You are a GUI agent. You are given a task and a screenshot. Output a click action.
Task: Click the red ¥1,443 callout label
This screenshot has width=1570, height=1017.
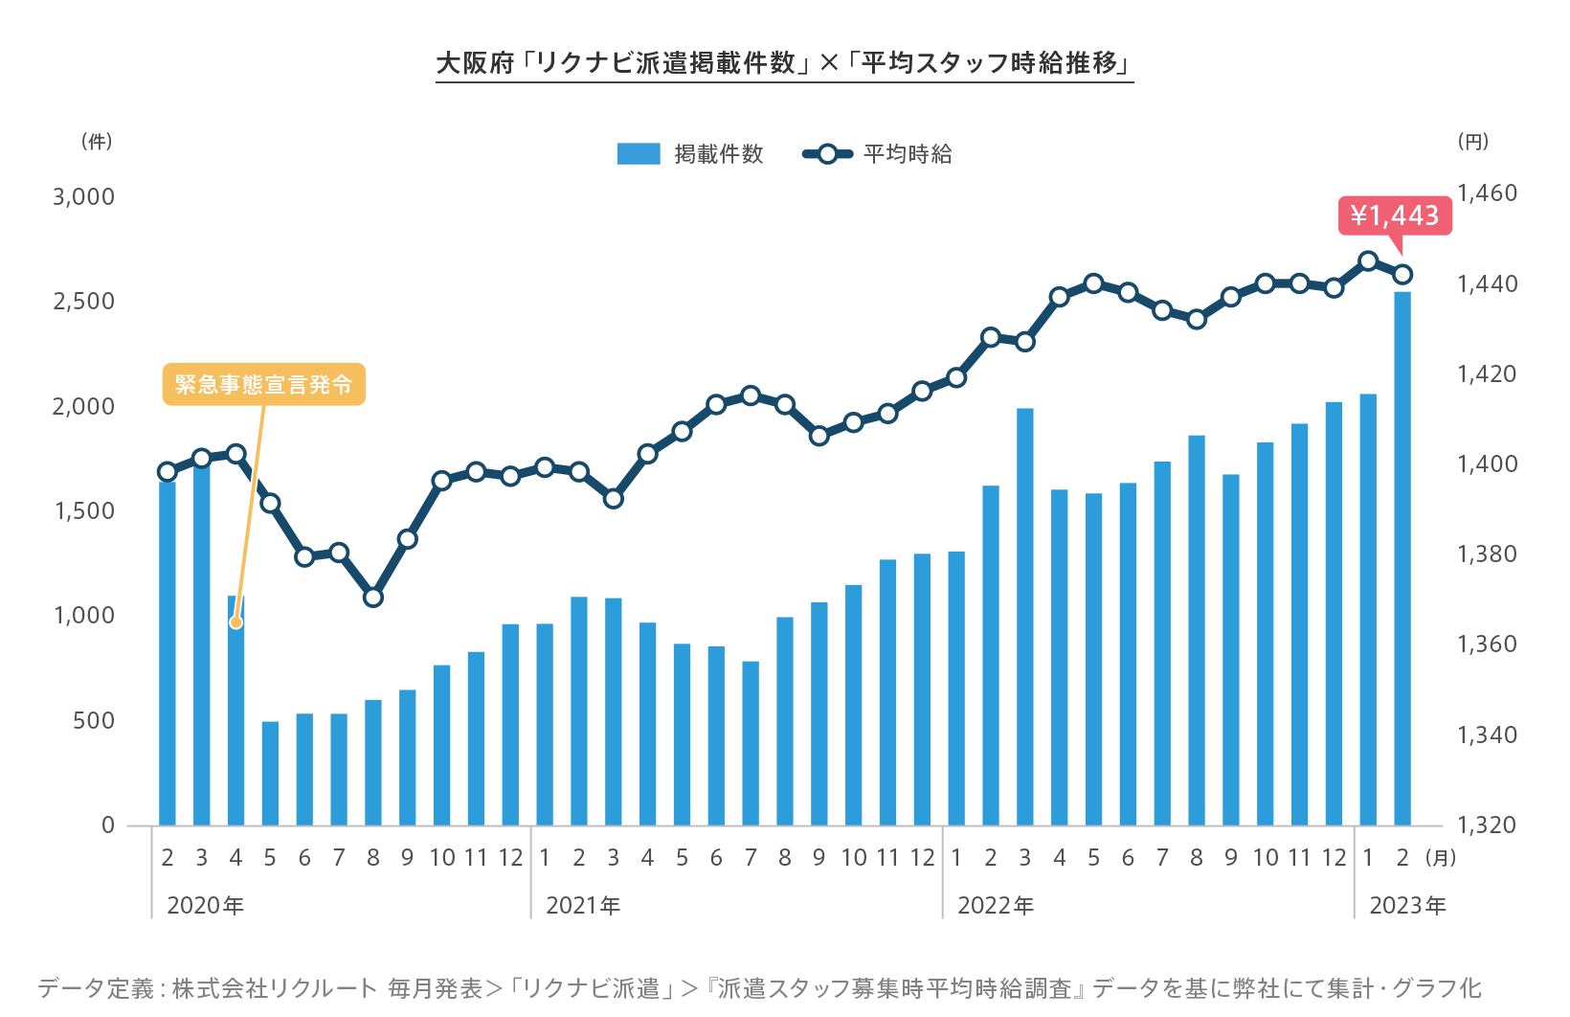[1394, 215]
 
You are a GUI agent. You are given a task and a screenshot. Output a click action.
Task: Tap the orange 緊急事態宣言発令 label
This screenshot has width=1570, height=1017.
[263, 384]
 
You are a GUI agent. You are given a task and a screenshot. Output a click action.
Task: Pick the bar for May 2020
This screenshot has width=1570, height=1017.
[270, 773]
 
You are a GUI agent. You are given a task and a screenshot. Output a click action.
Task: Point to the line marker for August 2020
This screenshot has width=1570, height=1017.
[373, 598]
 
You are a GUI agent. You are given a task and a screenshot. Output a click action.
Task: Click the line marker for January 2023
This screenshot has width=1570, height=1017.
[1368, 261]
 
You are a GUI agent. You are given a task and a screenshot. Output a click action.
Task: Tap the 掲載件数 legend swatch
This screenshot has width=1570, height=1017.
[639, 154]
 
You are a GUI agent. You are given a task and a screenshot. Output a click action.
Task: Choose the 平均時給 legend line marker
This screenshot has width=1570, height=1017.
[828, 154]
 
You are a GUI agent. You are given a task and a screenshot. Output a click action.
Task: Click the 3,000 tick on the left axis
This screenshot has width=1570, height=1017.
[84, 197]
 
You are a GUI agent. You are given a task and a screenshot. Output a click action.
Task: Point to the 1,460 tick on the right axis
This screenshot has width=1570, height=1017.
[1487, 193]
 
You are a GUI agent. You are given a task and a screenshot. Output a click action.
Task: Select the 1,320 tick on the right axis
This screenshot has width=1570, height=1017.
[1487, 825]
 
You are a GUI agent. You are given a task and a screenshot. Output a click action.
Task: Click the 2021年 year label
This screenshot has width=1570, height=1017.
[583, 906]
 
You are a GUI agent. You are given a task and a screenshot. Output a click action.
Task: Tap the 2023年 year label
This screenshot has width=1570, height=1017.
[1407, 906]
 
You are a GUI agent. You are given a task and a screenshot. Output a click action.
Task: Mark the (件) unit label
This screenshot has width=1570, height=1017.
[97, 142]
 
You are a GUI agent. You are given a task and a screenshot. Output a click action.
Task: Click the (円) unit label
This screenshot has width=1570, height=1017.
[1473, 142]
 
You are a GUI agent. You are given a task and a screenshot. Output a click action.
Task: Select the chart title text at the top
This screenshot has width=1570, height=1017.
[784, 63]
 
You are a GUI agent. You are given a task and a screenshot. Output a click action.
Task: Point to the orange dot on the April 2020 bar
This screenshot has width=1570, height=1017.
[235, 622]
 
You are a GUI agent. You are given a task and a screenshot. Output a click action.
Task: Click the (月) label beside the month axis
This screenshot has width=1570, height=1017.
[1441, 858]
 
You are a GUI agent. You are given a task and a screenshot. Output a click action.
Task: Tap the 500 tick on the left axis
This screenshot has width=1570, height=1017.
[94, 720]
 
